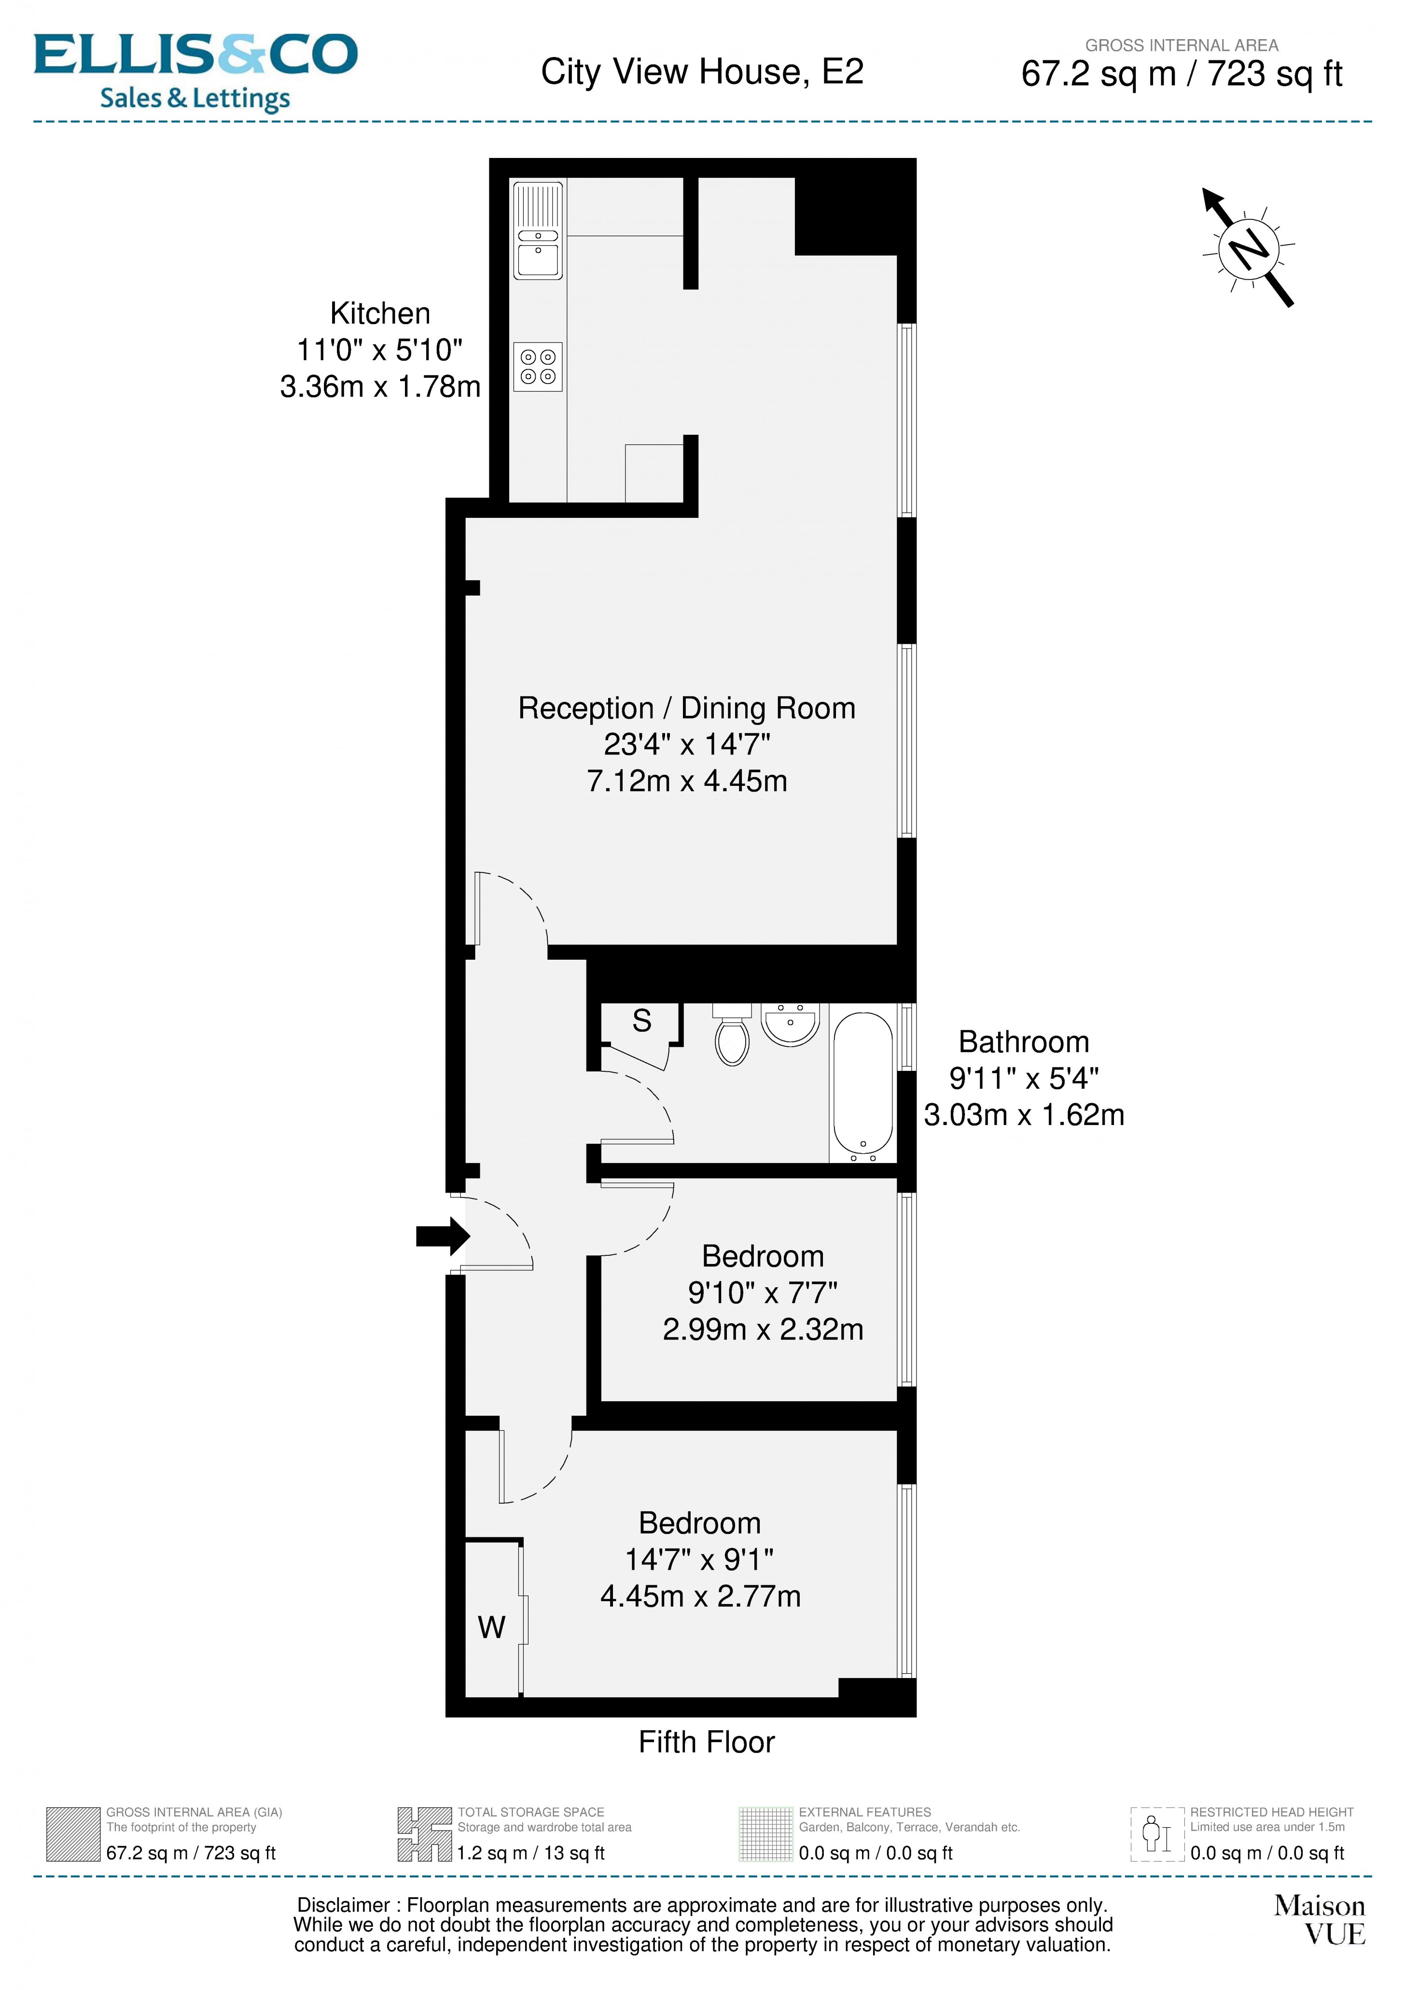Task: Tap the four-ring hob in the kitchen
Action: pyautogui.click(x=538, y=367)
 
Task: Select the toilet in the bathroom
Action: pyautogui.click(x=733, y=1037)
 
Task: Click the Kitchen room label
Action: pyautogui.click(x=379, y=313)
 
